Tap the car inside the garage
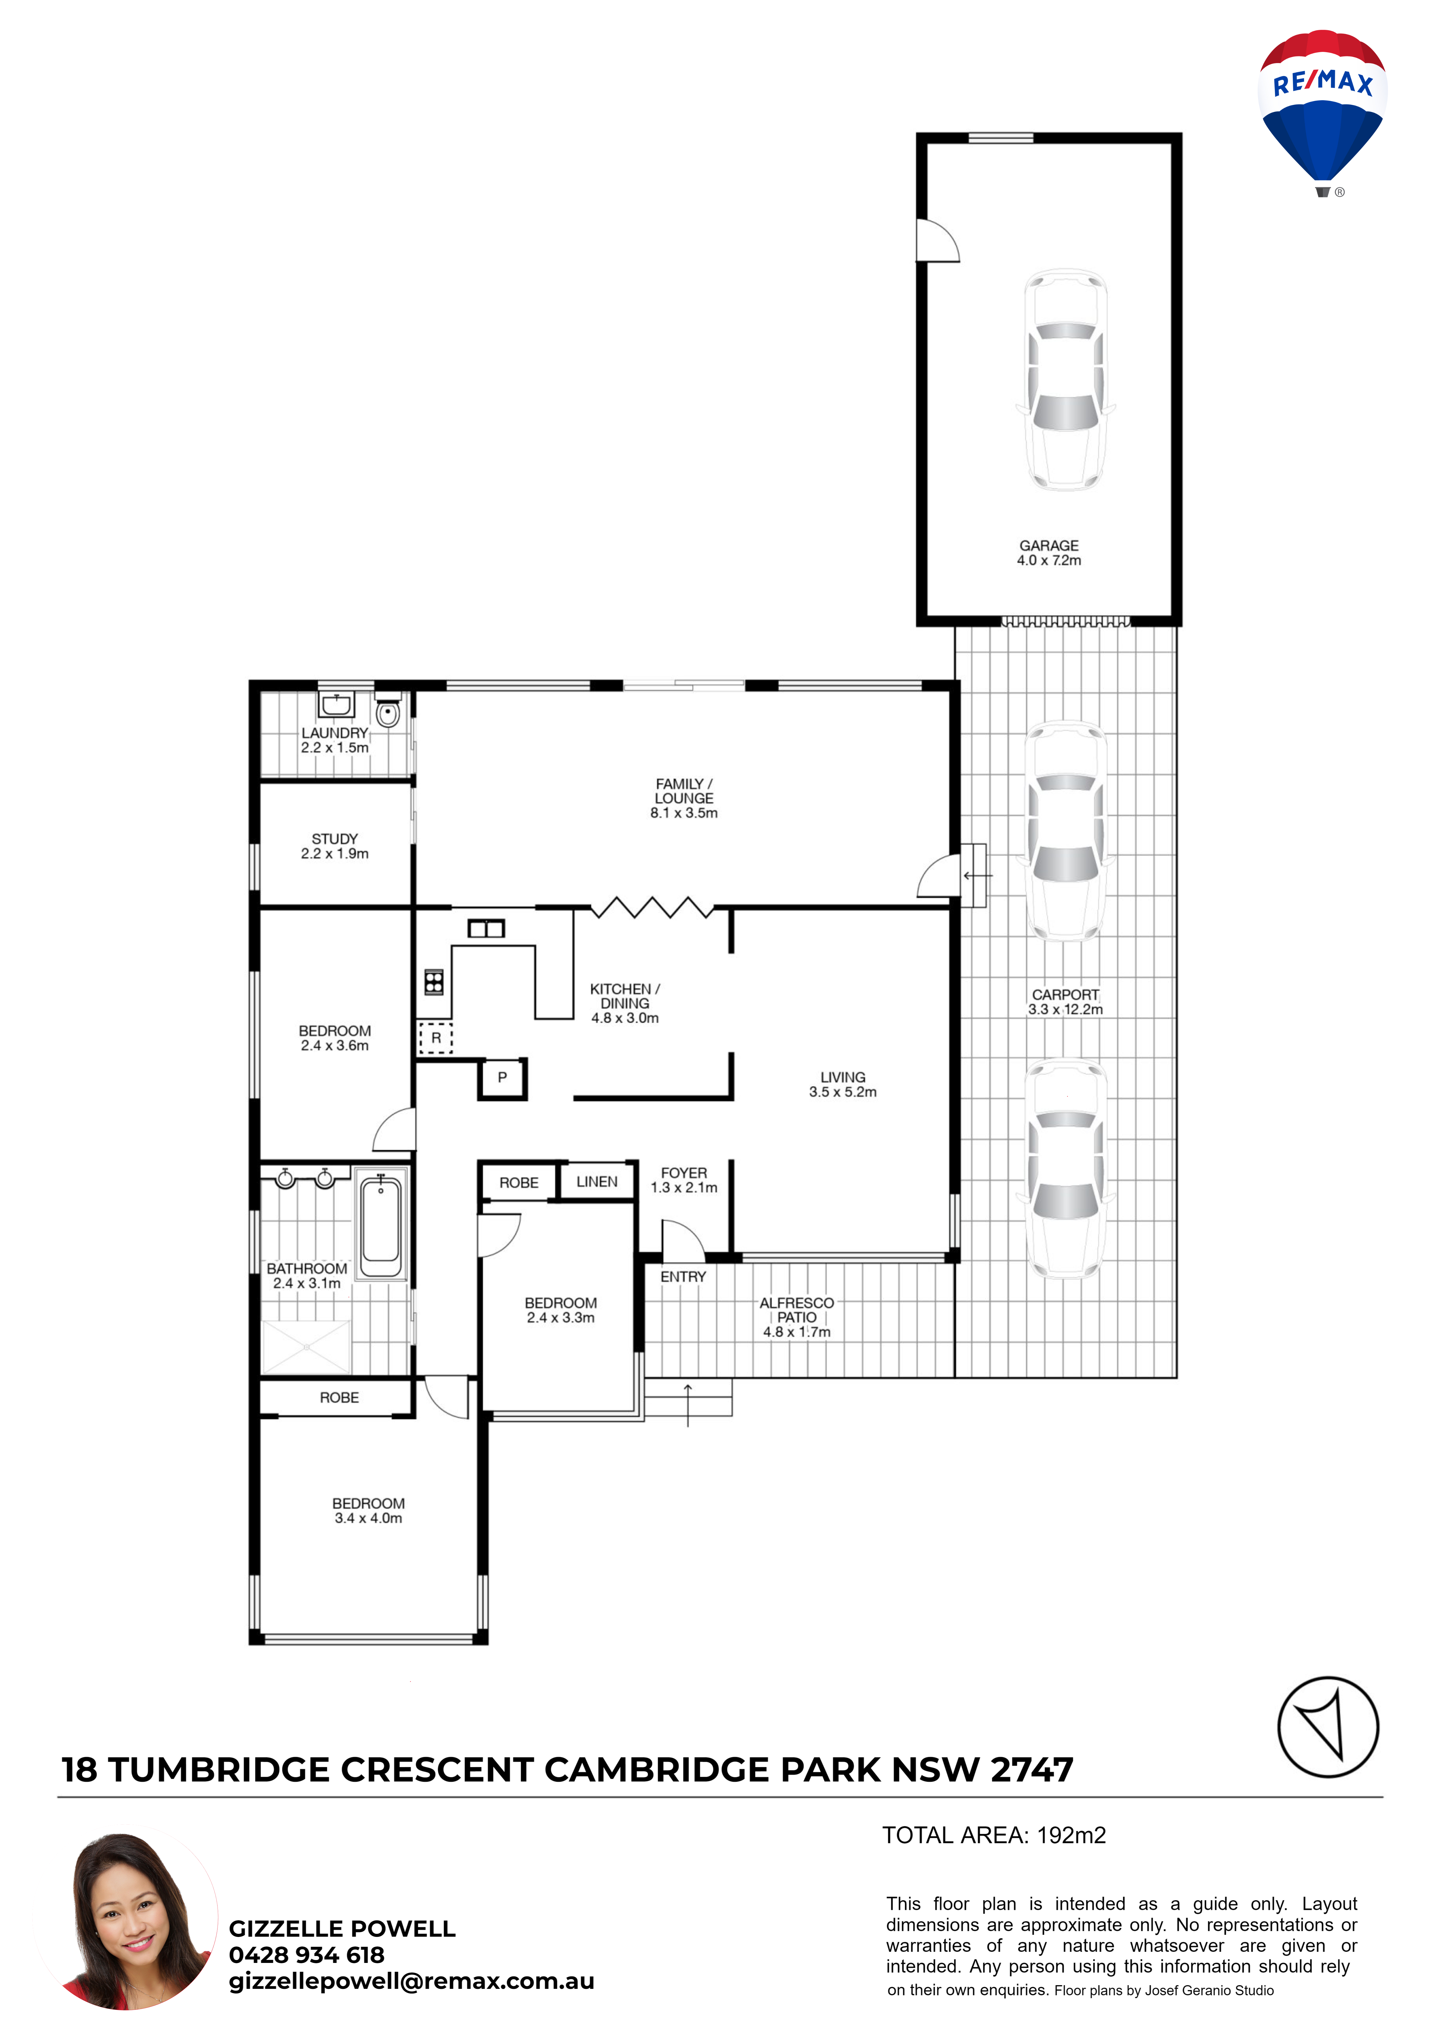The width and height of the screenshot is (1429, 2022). point(1065,380)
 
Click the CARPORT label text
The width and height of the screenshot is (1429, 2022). point(1065,994)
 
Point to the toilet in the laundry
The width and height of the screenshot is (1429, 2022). point(388,712)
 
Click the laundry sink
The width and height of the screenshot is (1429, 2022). point(335,705)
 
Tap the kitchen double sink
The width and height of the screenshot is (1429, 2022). point(486,928)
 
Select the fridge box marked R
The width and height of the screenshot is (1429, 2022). point(435,1038)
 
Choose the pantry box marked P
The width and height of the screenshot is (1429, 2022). point(502,1078)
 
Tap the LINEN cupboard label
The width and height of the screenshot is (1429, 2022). point(597,1182)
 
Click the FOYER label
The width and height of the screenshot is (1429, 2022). point(684,1173)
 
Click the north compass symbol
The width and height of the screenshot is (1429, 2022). point(1328,1727)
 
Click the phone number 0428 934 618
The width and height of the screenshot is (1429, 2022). point(307,1955)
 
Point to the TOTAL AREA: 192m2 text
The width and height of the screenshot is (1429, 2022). point(994,1835)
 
